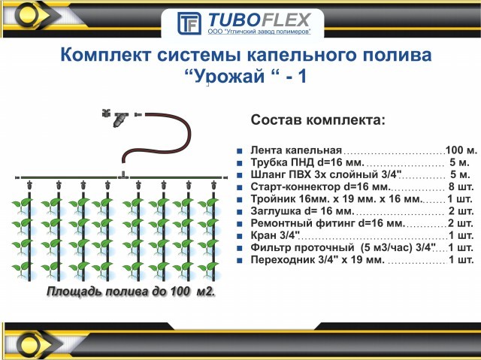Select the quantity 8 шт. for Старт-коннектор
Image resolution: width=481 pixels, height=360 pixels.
460,186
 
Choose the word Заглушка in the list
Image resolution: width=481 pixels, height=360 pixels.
277,211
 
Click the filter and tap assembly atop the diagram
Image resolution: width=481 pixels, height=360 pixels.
116,116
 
